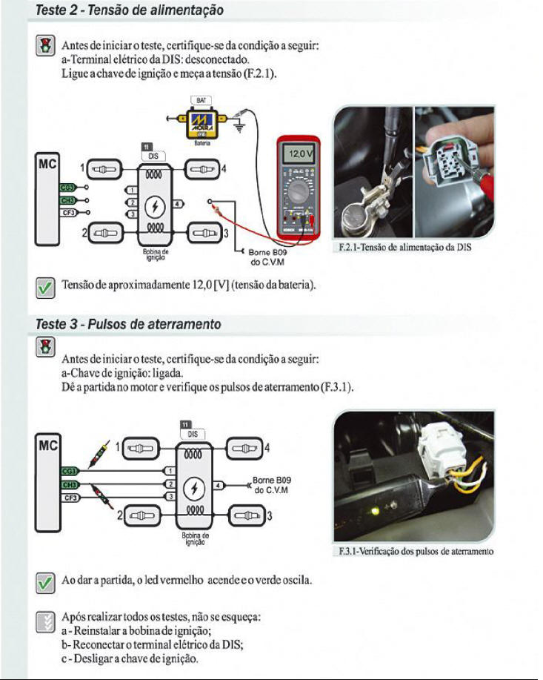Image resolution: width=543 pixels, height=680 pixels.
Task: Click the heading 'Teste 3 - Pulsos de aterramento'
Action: (x=128, y=325)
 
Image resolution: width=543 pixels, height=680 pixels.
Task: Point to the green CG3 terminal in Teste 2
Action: (x=67, y=188)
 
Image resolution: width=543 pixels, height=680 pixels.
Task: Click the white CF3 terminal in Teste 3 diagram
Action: (x=71, y=498)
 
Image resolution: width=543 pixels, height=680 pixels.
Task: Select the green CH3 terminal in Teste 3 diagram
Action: (x=71, y=484)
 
